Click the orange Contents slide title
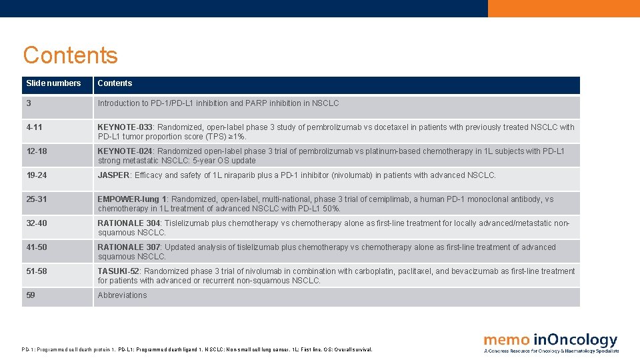[x=70, y=55]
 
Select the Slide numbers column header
[x=53, y=83]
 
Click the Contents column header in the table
[x=115, y=83]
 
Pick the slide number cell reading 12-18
[x=37, y=151]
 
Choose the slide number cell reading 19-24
[x=37, y=175]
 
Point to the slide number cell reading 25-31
[x=37, y=199]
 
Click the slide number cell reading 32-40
[x=37, y=223]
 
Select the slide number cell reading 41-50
[x=37, y=247]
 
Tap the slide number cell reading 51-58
[x=37, y=271]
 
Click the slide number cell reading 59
[x=31, y=295]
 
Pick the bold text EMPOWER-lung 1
[x=132, y=199]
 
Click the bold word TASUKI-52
[x=119, y=271]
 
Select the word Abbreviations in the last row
[x=122, y=295]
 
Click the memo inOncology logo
[x=551, y=342]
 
